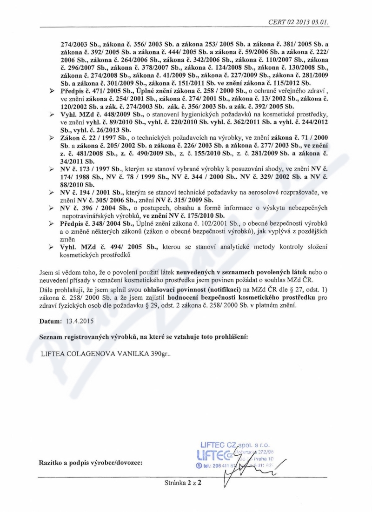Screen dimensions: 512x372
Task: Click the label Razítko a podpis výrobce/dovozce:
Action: (91, 462)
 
